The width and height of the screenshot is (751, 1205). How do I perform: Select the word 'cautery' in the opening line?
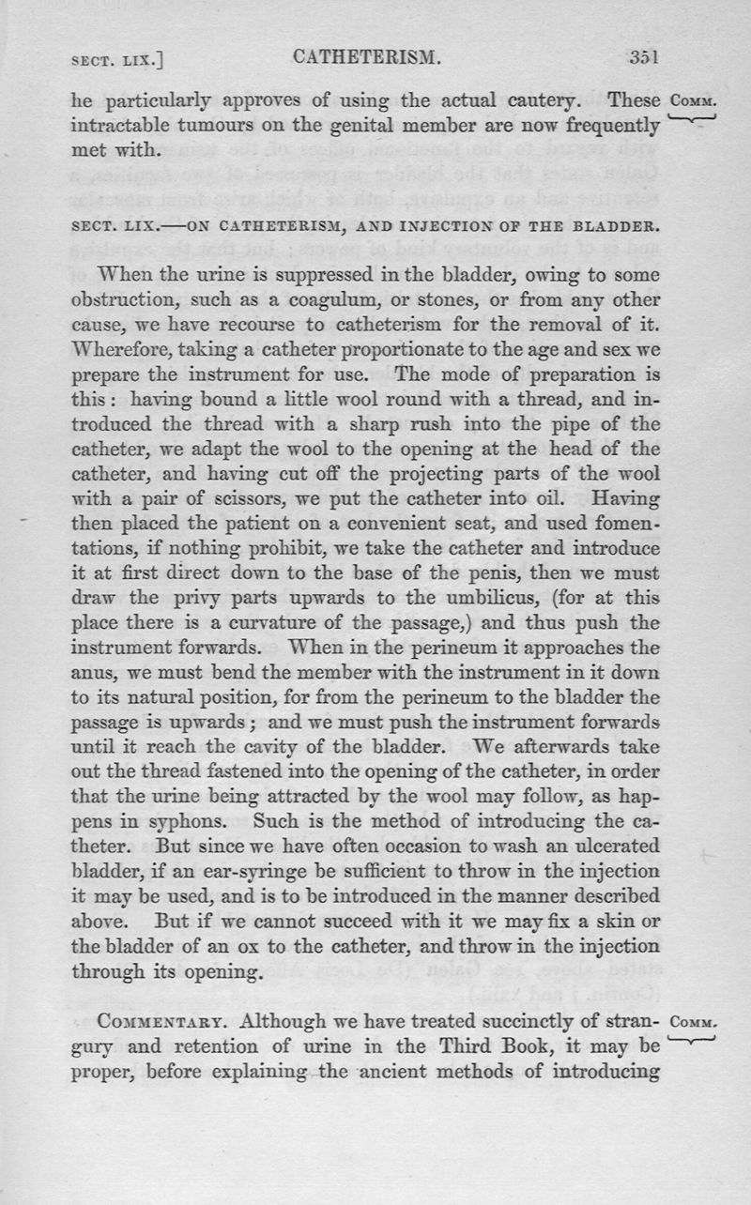[x=559, y=99]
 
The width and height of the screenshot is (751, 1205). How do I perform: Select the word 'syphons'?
[x=195, y=817]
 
